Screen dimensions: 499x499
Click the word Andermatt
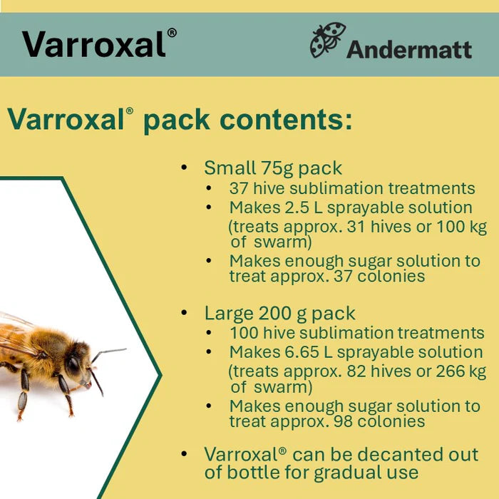409,48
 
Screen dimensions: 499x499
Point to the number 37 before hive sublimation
238,189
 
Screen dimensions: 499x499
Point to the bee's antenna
107,352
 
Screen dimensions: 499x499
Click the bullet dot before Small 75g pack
185,168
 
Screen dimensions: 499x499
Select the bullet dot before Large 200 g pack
185,313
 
